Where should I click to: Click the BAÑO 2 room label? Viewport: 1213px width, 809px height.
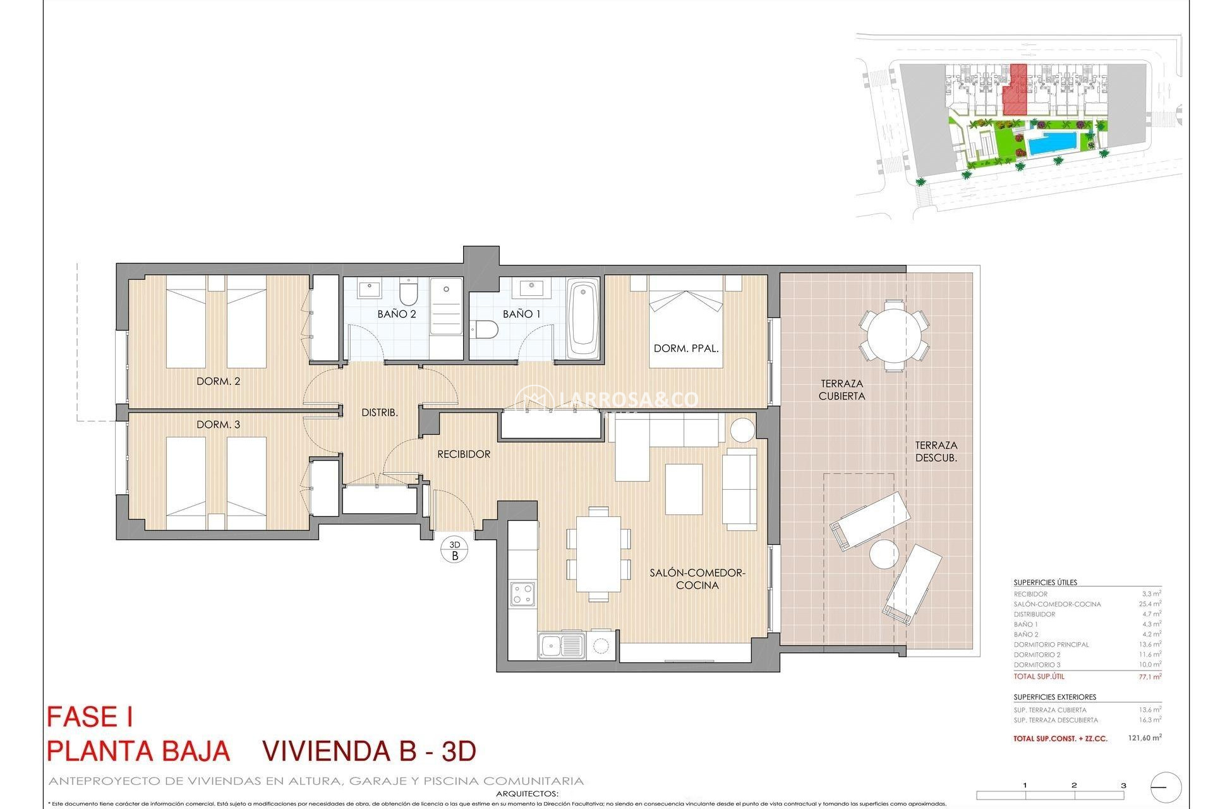point(396,313)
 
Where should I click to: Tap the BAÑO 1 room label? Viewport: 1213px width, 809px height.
point(521,313)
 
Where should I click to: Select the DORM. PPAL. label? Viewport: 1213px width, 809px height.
point(685,348)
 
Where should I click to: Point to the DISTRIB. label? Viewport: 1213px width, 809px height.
point(379,412)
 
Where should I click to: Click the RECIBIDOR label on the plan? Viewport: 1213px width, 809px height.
point(464,454)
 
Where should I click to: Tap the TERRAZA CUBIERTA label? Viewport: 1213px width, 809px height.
point(842,389)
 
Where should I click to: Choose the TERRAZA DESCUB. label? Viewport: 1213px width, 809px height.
point(936,451)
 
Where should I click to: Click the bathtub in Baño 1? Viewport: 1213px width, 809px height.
point(583,319)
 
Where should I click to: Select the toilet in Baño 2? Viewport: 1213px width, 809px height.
point(409,293)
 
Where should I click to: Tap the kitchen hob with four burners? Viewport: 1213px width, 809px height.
point(523,594)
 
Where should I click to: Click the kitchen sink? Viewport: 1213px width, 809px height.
point(561,646)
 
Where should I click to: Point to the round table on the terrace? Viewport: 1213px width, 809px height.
point(893,336)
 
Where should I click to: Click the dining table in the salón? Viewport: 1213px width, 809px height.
point(598,553)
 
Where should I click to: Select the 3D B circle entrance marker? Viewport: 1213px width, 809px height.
point(454,550)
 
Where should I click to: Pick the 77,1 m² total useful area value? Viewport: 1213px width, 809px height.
point(1149,676)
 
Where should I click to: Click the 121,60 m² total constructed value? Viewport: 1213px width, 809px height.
point(1144,738)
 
